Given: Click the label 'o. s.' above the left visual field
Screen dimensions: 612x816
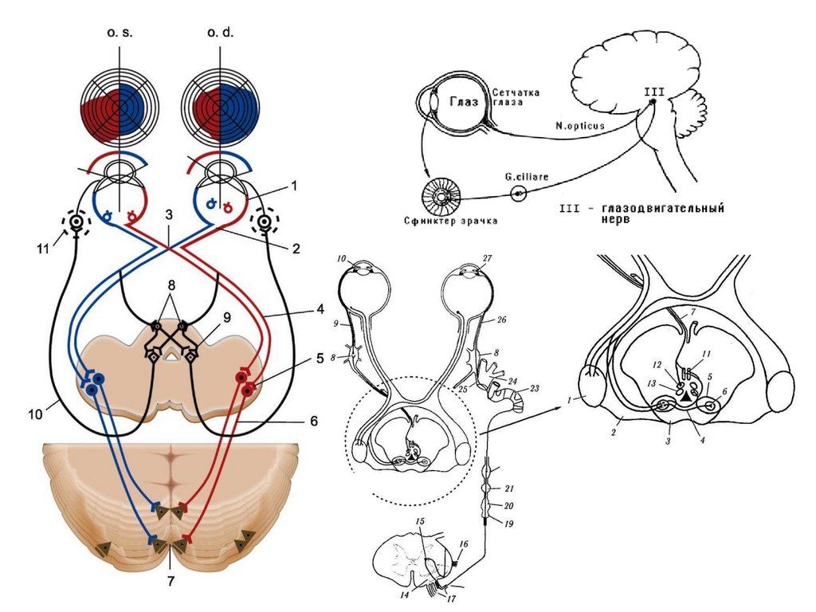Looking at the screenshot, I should tap(120, 33).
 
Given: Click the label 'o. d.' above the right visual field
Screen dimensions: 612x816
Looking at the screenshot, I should tap(220, 33).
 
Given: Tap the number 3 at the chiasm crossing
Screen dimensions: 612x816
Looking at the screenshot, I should tap(168, 215).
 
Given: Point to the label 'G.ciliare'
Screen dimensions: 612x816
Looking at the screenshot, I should tap(526, 176).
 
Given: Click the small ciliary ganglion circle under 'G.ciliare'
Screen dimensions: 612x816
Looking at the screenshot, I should tap(520, 193).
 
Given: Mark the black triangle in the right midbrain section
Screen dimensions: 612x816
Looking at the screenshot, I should tap(688, 394).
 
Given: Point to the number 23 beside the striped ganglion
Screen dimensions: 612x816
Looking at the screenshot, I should tap(534, 388).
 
